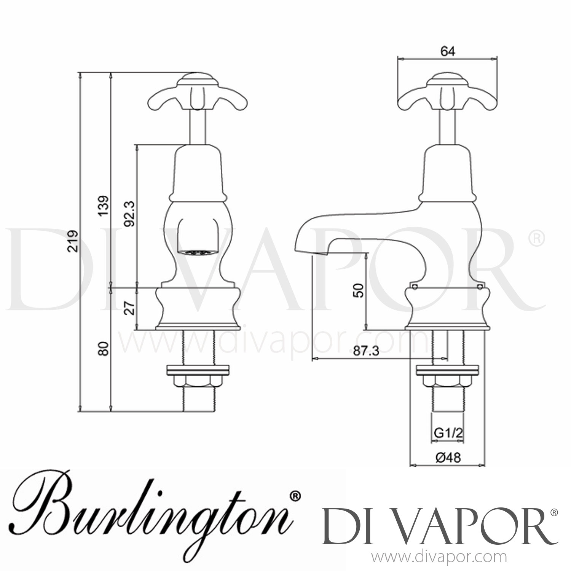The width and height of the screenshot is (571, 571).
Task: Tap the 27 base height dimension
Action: click(x=130, y=308)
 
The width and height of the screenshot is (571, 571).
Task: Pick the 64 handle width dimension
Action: click(x=448, y=51)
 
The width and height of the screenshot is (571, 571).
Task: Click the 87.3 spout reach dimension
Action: click(x=366, y=351)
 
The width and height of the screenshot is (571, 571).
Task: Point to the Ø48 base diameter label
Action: click(x=447, y=458)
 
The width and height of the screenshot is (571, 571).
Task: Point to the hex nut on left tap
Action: click(x=198, y=381)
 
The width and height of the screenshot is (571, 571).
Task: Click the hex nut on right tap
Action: click(x=447, y=381)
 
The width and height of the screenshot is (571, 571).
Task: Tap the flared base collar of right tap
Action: click(x=447, y=308)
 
